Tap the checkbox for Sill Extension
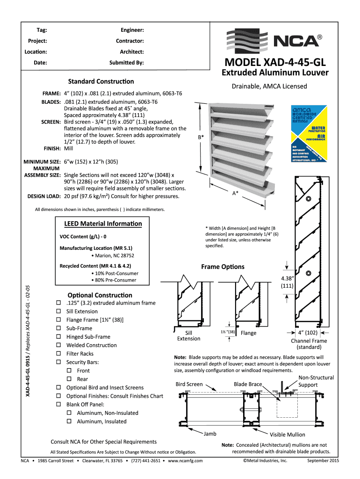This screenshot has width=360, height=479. [x=58, y=311]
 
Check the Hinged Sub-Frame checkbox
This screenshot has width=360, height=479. [x=58, y=337]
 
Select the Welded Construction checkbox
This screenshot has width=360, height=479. [x=58, y=345]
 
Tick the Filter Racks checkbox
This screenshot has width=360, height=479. [x=58, y=354]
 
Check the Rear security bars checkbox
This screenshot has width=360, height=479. [x=69, y=379]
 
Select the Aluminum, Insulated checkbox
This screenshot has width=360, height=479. [x=69, y=421]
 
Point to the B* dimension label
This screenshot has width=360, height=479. [x=201, y=137]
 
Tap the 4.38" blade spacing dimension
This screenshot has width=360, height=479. [x=287, y=281]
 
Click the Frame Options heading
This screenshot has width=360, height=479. [x=223, y=267]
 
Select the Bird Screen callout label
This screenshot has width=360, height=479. [x=189, y=385]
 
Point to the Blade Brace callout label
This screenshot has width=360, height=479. [x=248, y=385]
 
